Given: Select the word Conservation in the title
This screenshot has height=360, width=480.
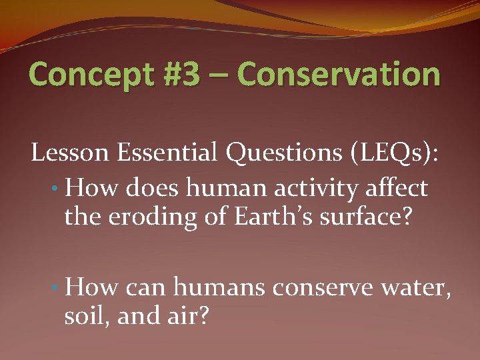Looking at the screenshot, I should (339, 75).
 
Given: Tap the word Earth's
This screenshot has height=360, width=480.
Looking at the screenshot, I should (259, 217).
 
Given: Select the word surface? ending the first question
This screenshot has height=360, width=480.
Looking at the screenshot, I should (349, 217).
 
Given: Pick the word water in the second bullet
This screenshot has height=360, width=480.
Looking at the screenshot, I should (419, 289).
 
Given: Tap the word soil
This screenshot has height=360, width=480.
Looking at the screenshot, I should (87, 315).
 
